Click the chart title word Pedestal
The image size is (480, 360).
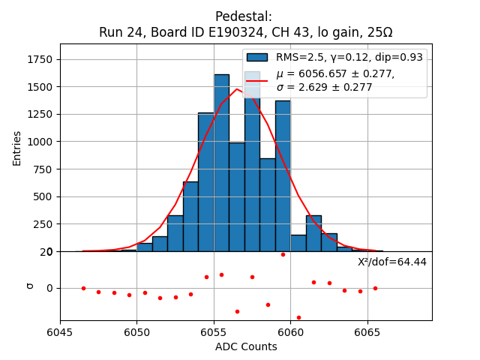(243, 16)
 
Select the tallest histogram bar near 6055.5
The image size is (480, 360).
(221, 165)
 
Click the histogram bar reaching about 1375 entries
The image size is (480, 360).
(283, 180)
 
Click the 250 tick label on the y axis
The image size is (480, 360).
(43, 224)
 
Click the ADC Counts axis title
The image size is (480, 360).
(245, 346)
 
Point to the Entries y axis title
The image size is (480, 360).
(17, 148)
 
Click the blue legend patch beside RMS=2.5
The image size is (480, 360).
(257, 58)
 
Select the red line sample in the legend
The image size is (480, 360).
(257, 80)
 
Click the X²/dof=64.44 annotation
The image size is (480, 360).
(391, 262)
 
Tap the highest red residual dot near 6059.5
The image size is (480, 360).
(283, 254)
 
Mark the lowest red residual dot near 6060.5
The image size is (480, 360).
(298, 317)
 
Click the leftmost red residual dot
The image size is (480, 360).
(83, 288)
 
